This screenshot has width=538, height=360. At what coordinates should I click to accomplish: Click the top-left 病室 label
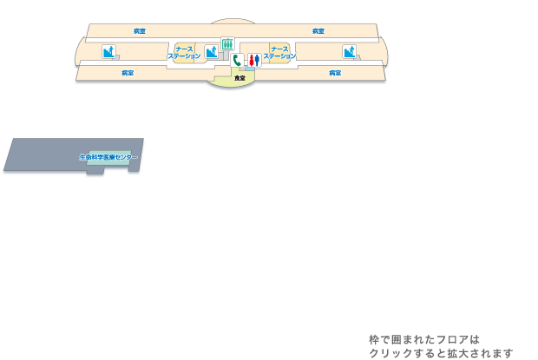pyautogui.click(x=140, y=31)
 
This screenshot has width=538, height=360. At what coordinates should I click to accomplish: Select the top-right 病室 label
pyautogui.click(x=318, y=31)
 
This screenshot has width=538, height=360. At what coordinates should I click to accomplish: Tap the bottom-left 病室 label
pyautogui.click(x=128, y=73)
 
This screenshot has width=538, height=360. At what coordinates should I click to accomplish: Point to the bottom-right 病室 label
pyautogui.click(x=335, y=73)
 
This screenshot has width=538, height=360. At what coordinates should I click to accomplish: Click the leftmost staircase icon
pyautogui.click(x=108, y=52)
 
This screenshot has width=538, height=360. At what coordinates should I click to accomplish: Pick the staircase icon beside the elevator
pyautogui.click(x=211, y=52)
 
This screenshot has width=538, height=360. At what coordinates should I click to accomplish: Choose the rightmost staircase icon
pyautogui.click(x=349, y=52)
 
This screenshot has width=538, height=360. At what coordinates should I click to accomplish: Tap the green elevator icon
pyautogui.click(x=227, y=43)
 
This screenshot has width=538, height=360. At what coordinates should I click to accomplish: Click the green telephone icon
pyautogui.click(x=237, y=61)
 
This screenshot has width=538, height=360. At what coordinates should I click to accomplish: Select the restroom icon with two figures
pyautogui.click(x=253, y=61)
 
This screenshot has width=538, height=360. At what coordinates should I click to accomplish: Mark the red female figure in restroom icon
pyautogui.click(x=256, y=61)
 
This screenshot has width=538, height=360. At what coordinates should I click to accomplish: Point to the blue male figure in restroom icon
pyautogui.click(x=251, y=61)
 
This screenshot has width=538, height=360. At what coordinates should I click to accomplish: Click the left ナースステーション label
pyautogui.click(x=184, y=53)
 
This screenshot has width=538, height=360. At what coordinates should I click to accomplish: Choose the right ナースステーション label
pyautogui.click(x=279, y=53)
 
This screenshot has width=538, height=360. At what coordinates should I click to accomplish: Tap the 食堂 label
pyautogui.click(x=239, y=79)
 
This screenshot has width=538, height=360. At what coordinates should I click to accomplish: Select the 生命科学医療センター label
pyautogui.click(x=108, y=157)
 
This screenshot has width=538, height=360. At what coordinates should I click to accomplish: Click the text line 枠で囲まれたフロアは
pyautogui.click(x=424, y=340)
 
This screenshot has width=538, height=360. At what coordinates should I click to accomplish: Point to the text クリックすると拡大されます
pyautogui.click(x=441, y=353)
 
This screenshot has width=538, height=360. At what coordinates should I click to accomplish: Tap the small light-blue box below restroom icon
pyautogui.click(x=250, y=69)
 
